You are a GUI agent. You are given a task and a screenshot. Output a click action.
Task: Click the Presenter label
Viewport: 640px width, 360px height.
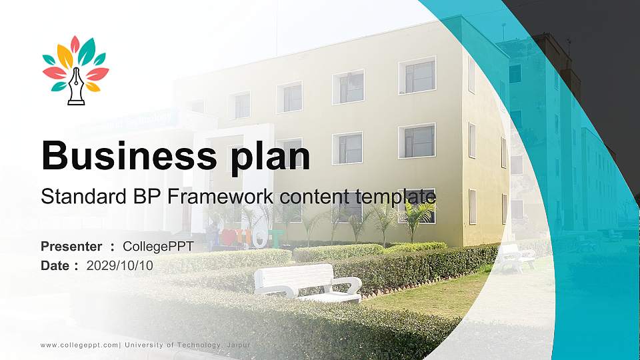click(x=71, y=247)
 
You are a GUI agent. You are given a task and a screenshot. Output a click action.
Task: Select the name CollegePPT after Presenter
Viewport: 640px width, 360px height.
click(x=158, y=247)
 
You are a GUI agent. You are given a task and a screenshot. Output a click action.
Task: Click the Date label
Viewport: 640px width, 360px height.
click(x=55, y=265)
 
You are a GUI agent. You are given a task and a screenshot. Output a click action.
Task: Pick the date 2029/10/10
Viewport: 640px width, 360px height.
click(x=120, y=265)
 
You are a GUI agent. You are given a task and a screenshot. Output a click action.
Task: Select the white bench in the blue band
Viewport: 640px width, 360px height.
click(x=517, y=257)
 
